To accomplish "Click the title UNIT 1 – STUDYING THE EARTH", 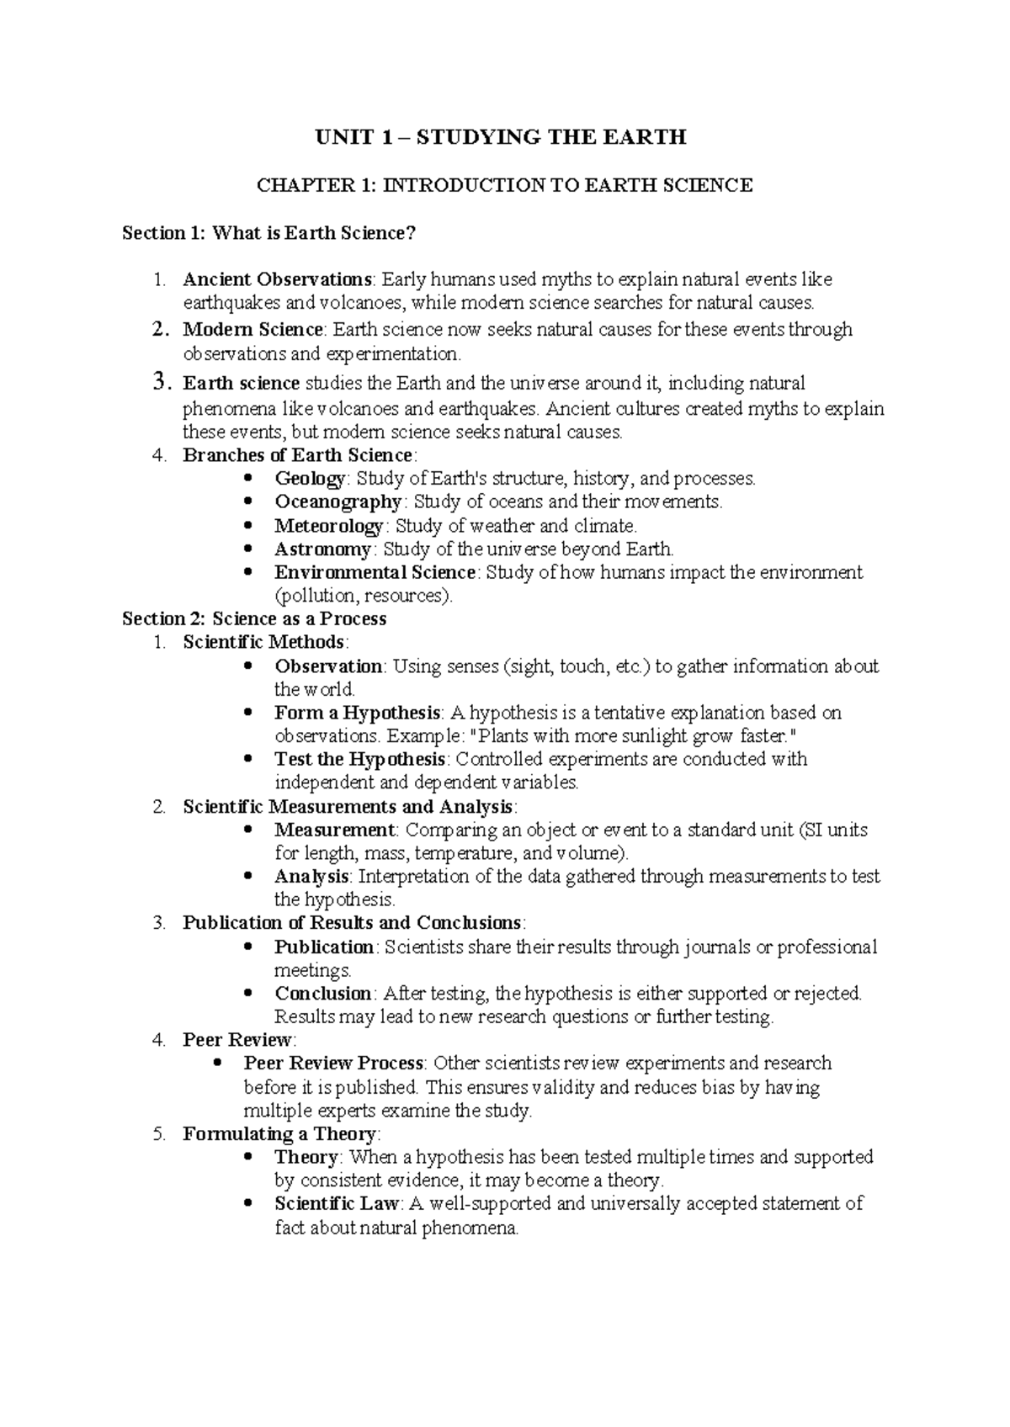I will tap(501, 137).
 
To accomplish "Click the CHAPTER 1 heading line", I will tap(504, 185).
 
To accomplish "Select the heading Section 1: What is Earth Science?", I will tap(269, 233).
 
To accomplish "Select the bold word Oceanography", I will tap(338, 502).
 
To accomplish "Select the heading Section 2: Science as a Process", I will tap(254, 619).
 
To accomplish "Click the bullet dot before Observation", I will tap(247, 666).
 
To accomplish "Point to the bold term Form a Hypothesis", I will tap(357, 713).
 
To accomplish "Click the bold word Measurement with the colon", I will tap(335, 830).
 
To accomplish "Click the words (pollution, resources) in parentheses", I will tap(363, 597).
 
